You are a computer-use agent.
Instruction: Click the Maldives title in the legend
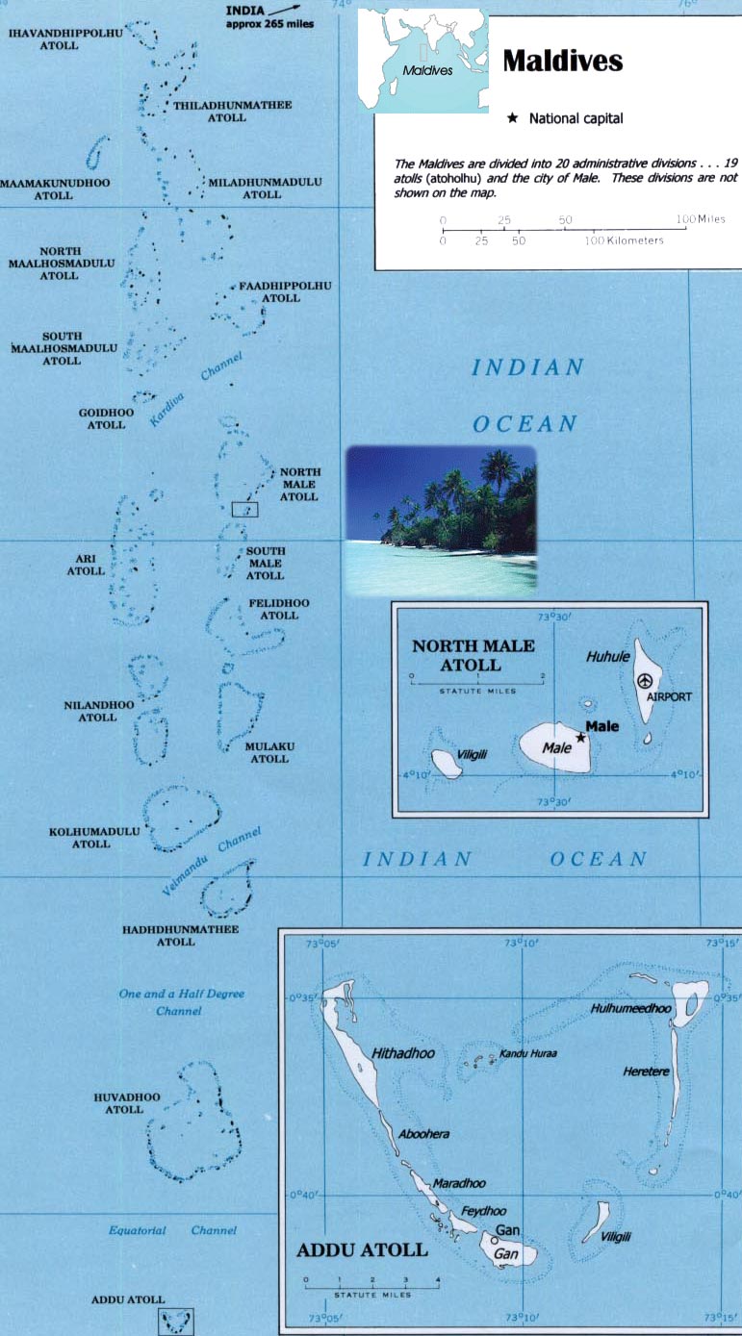(563, 62)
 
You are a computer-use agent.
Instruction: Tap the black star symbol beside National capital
(512, 118)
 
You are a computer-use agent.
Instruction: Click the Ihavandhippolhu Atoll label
(66, 39)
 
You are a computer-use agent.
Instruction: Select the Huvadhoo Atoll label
(118, 1102)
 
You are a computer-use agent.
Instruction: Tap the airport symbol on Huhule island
(645, 680)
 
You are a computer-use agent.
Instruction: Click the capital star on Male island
(580, 737)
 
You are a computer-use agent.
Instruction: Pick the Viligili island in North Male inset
(446, 764)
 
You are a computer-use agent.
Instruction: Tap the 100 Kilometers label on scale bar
(625, 239)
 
